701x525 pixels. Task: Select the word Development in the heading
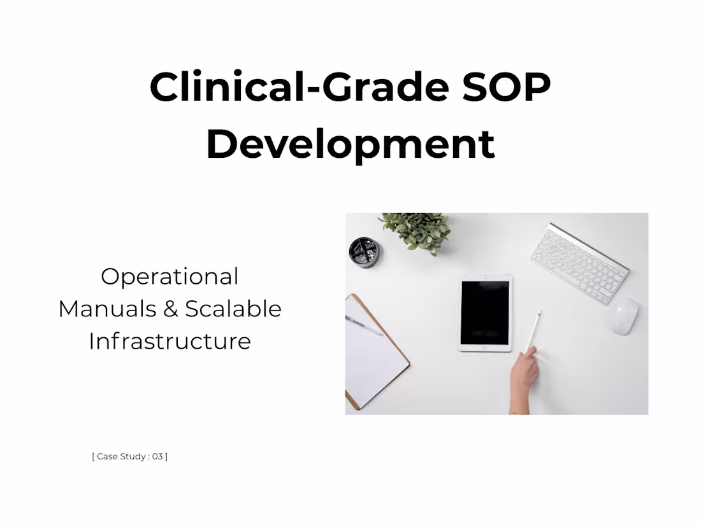[350, 144]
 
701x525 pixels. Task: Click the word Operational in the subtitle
[170, 277]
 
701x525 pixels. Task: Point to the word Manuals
[107, 309]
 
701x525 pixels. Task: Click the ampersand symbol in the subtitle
[170, 309]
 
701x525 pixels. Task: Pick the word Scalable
[233, 309]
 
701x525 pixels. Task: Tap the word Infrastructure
[170, 341]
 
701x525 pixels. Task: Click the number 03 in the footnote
[157, 456]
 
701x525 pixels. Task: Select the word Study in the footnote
[133, 456]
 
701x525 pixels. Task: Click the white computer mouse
[625, 316]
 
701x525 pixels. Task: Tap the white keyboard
[579, 263]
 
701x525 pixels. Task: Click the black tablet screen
[485, 313]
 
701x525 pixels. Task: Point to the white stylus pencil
[535, 330]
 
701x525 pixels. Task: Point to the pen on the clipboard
[364, 325]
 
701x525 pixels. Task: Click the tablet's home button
[484, 347]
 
